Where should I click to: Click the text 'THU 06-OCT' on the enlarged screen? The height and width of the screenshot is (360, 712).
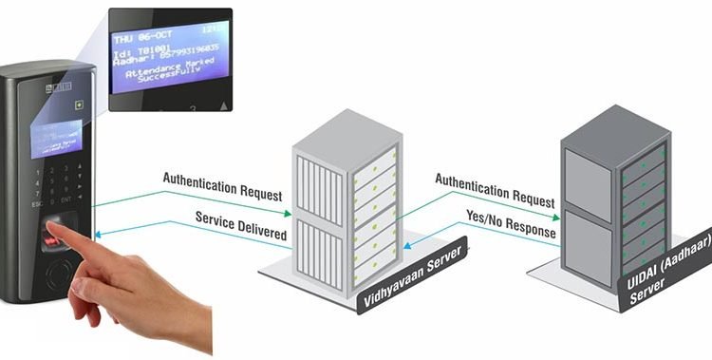pyautogui.click(x=143, y=39)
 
